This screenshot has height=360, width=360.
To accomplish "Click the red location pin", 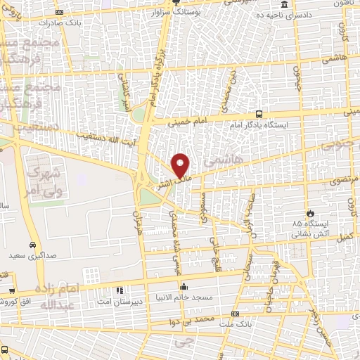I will (x=181, y=165).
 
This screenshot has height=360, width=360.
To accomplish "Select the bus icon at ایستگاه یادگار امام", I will (x=259, y=114).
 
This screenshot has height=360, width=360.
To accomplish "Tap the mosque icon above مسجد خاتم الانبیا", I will (x=184, y=287).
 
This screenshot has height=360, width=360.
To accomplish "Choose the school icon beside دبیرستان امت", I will (x=120, y=290).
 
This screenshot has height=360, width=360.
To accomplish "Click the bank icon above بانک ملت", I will (x=235, y=314).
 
